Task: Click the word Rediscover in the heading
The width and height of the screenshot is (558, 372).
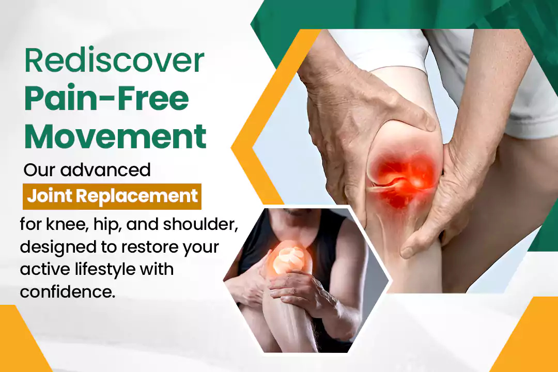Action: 114,60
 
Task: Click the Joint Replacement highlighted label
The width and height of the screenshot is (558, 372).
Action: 112,196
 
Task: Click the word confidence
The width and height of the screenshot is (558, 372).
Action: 68,292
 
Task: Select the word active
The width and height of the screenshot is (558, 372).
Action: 44,270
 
